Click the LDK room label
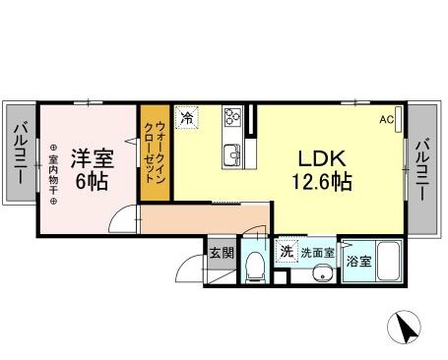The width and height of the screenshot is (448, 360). (322, 158)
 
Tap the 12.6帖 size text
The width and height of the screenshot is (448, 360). (322, 181)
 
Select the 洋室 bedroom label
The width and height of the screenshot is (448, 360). (93, 158)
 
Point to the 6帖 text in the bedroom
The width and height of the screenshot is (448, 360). (92, 181)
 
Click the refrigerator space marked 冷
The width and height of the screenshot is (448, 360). (187, 117)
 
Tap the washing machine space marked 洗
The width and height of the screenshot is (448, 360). (287, 252)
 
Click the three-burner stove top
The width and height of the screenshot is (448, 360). (232, 116)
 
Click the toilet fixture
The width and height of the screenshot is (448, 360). (255, 267)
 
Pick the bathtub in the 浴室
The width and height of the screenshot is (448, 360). (389, 261)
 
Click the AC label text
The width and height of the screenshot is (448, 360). (387, 120)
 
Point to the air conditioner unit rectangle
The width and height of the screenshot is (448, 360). (398, 120)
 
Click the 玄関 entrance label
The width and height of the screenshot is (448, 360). (223, 253)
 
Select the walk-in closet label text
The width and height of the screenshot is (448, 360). (156, 152)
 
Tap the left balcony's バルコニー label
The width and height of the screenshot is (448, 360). (21, 152)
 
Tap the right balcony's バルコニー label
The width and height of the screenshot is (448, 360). (422, 169)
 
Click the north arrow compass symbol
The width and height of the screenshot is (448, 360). (404, 327)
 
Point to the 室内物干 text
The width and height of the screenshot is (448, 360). (53, 174)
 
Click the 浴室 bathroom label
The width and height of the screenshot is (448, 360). (359, 262)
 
